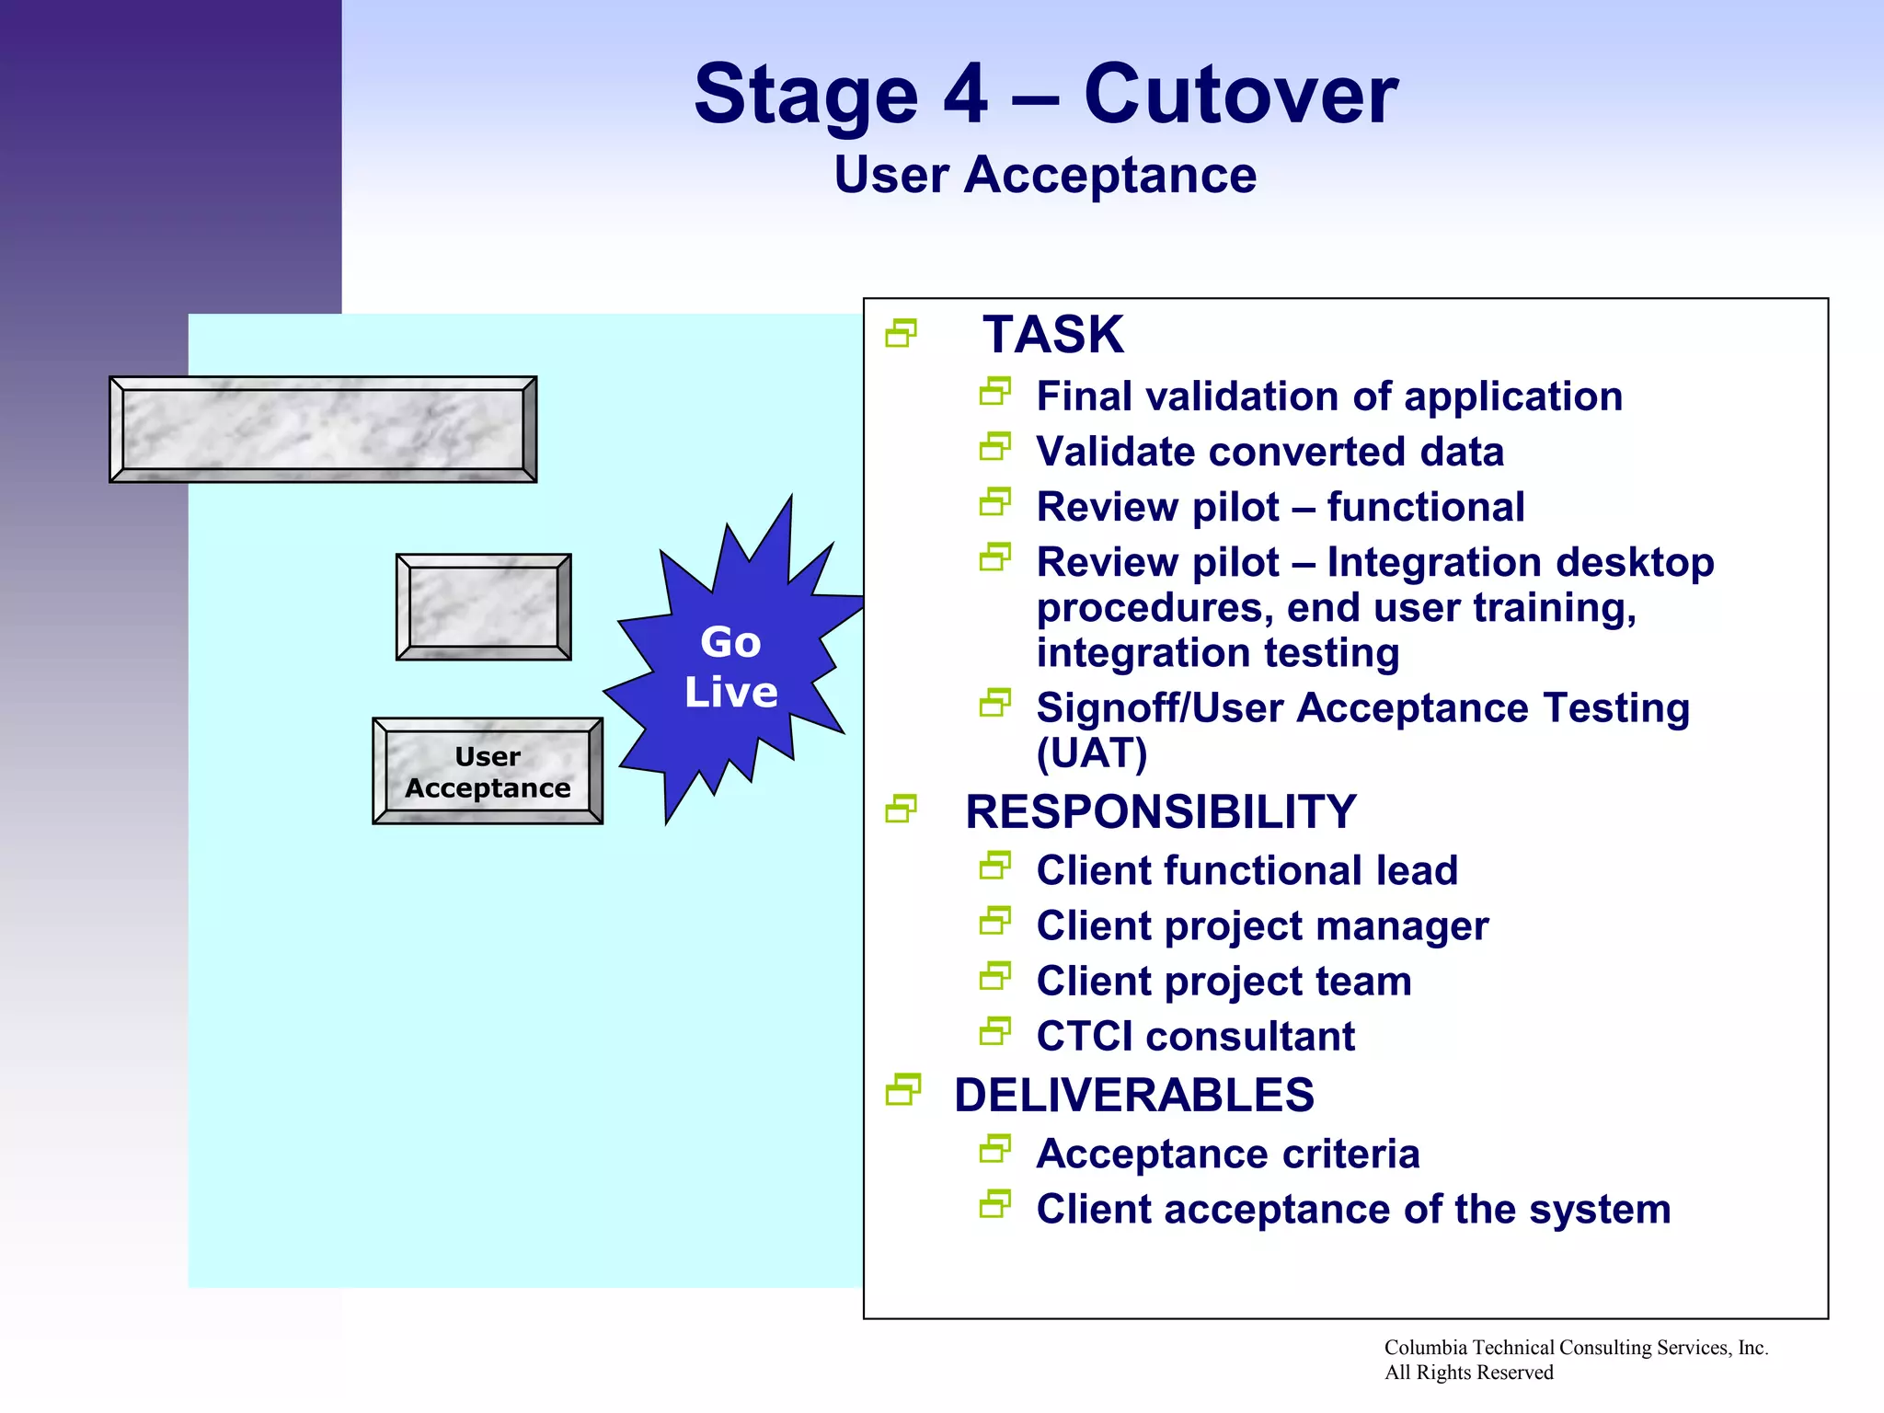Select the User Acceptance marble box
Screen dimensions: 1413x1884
(488, 772)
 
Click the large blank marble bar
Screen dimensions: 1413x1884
(323, 429)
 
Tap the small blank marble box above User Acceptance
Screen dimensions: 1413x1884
(484, 607)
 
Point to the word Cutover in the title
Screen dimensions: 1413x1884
(1241, 95)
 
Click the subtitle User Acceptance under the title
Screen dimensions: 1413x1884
(1045, 175)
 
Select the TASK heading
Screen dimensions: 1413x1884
(1052, 334)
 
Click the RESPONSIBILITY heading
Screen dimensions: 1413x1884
(1160, 812)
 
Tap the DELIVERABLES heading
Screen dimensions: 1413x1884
(1133, 1096)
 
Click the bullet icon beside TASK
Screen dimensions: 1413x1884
(902, 333)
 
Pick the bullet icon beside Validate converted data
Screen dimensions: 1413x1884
(994, 448)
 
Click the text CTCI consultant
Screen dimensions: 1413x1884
(1195, 1037)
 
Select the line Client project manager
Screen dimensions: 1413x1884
(1262, 926)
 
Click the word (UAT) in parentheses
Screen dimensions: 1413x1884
(1092, 754)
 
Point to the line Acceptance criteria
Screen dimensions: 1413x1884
(1227, 1155)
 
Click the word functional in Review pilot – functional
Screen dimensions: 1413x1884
(1425, 508)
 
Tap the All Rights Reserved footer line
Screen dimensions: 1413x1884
(1468, 1373)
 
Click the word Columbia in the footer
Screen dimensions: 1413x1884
(1425, 1348)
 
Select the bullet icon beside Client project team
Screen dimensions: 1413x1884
(994, 977)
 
